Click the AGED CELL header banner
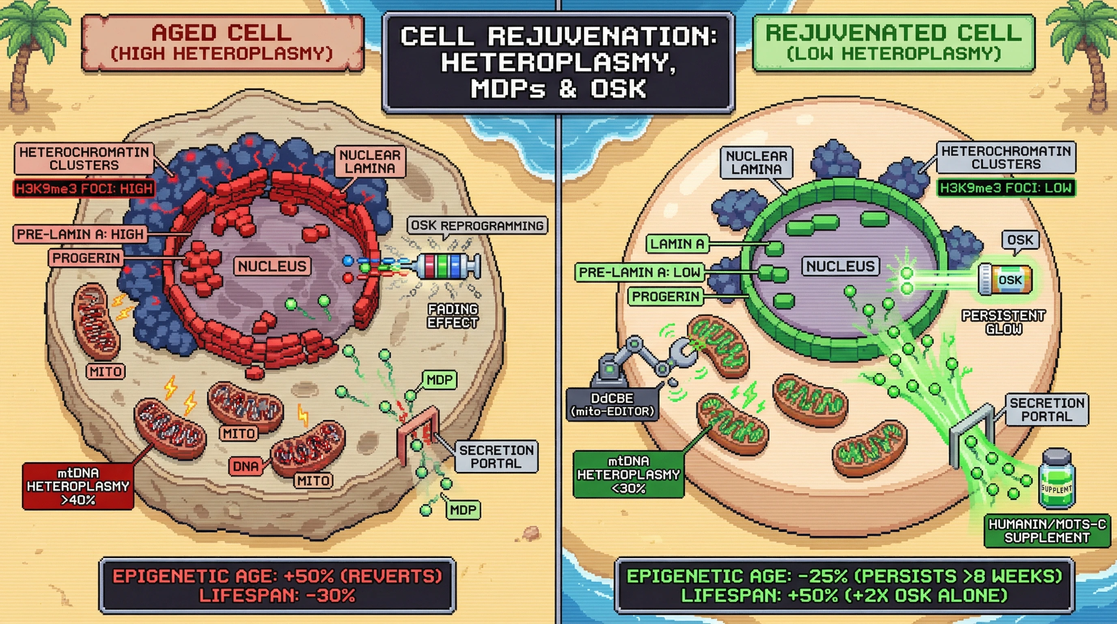tap(222, 43)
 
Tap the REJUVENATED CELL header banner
tap(893, 43)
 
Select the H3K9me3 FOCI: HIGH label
tap(84, 188)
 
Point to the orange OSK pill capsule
tap(1005, 280)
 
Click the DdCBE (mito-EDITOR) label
tap(612, 405)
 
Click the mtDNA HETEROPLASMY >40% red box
tap(78, 486)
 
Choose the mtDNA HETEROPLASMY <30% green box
tap(628, 474)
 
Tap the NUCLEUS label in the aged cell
tap(272, 266)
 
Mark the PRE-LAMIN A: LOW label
tap(640, 273)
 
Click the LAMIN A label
tap(677, 244)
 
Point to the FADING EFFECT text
tap(453, 316)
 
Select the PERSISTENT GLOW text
tap(1003, 322)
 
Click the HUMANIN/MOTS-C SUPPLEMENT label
tap(1047, 531)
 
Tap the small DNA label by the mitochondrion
tap(246, 466)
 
